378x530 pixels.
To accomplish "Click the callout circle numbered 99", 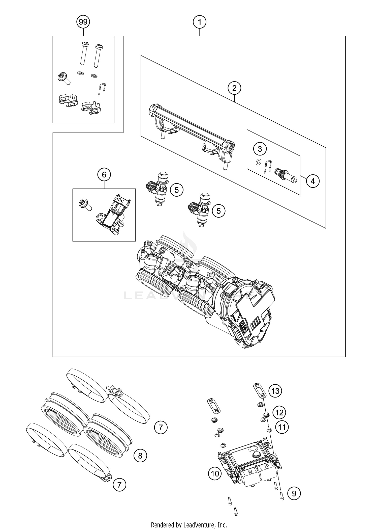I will (x=83, y=22).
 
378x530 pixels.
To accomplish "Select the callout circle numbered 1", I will (x=200, y=22).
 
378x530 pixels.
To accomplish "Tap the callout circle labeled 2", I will (x=234, y=88).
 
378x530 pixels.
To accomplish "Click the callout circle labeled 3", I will (x=260, y=149).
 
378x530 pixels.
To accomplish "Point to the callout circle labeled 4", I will (x=313, y=181).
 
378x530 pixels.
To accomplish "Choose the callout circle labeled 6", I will (x=104, y=174).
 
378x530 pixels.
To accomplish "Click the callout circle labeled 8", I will (x=140, y=456).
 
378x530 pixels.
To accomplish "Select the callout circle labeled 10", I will (x=215, y=474).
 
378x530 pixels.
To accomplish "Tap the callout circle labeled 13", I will (x=275, y=391).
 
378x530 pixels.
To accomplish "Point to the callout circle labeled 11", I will (x=282, y=427).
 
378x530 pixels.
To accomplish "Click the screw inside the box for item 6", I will (x=84, y=204).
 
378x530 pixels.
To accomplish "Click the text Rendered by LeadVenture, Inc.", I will (x=189, y=525).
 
